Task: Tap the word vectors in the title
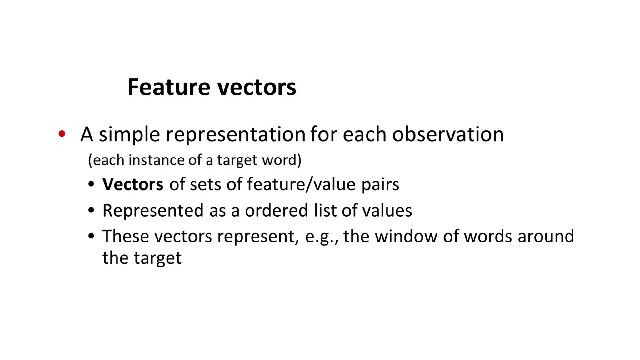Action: tap(257, 87)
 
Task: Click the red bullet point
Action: tap(62, 134)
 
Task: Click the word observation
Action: tap(448, 134)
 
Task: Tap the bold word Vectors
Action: tap(133, 184)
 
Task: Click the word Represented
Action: tap(153, 211)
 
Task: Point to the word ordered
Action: tap(276, 210)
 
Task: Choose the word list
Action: tap(325, 210)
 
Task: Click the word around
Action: tap(546, 236)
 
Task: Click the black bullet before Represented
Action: tap(91, 210)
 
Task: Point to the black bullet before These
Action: tap(91, 236)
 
